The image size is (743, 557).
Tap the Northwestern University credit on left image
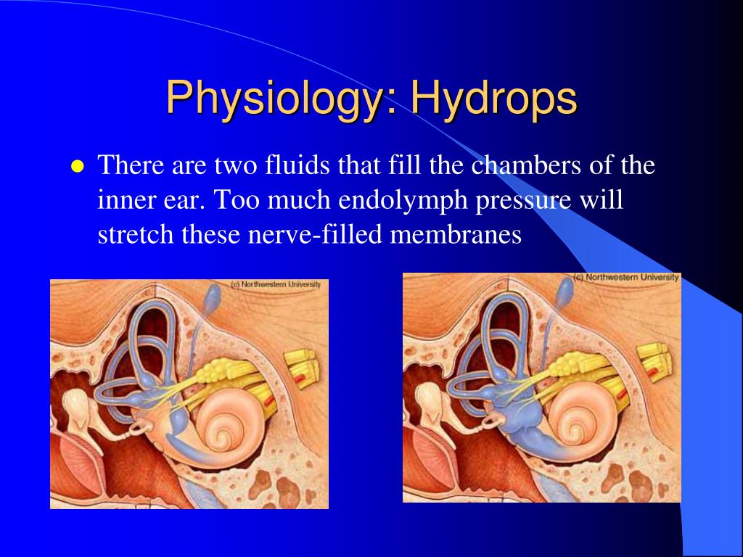click(275, 285)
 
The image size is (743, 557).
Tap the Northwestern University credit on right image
click(626, 278)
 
